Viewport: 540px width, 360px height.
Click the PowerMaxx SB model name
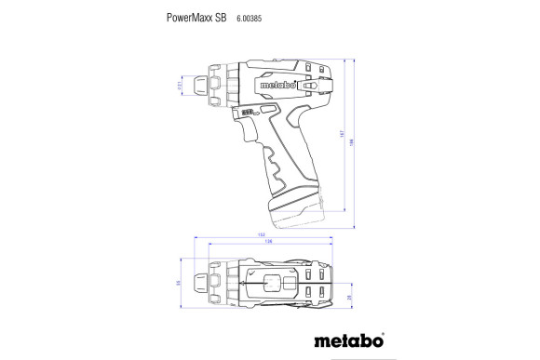[x=196, y=17]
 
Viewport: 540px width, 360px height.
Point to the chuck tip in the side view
[x=199, y=86]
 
